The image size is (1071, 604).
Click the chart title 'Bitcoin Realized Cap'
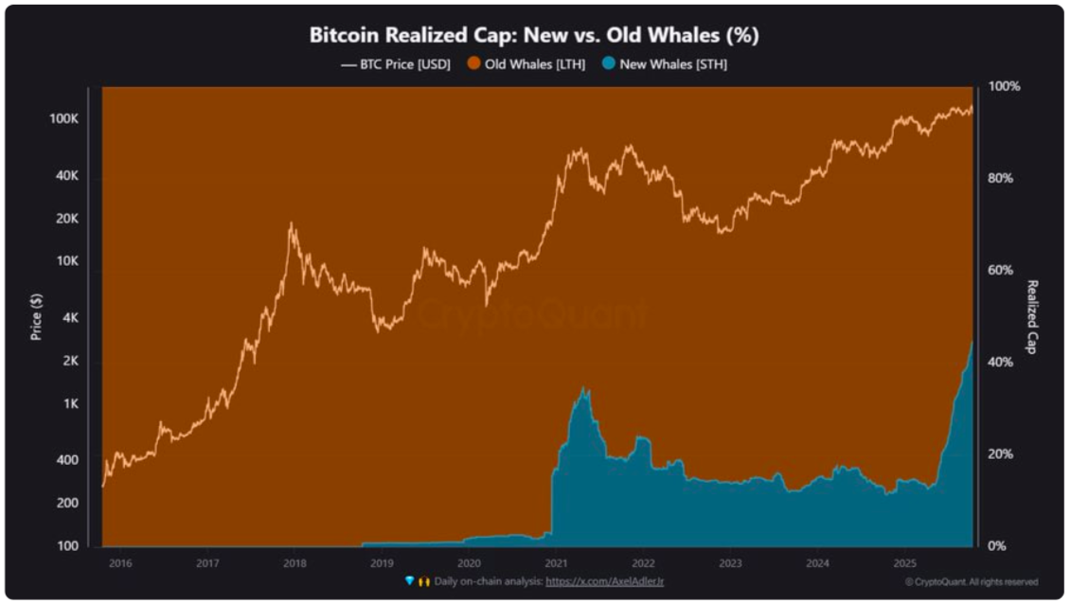click(x=534, y=36)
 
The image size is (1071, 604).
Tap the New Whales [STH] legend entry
click(x=666, y=64)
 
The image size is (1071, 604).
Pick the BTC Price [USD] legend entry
click(x=396, y=64)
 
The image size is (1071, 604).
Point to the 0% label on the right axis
click(x=1000, y=546)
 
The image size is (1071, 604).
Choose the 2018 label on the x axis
click(x=295, y=562)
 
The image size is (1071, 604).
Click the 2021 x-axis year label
click(x=556, y=562)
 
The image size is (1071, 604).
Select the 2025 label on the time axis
click(x=904, y=562)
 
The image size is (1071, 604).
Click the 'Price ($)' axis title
click(x=36, y=316)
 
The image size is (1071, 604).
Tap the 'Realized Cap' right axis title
click(x=1032, y=316)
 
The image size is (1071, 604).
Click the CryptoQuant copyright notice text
click(x=971, y=581)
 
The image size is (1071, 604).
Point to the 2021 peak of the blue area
click(x=585, y=387)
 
